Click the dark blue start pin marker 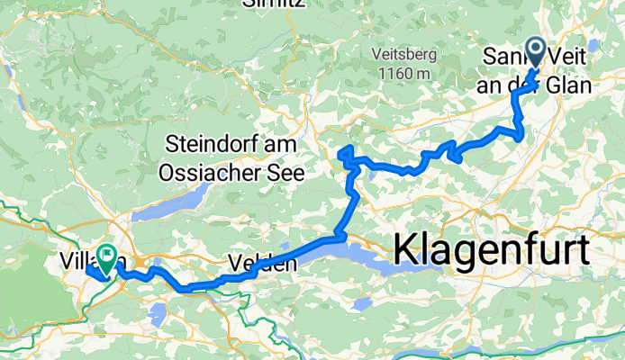click(x=534, y=52)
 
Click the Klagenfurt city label click(x=491, y=247)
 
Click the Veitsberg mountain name click(x=401, y=55)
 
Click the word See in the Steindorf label click(x=286, y=170)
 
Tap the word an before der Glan click(x=499, y=86)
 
